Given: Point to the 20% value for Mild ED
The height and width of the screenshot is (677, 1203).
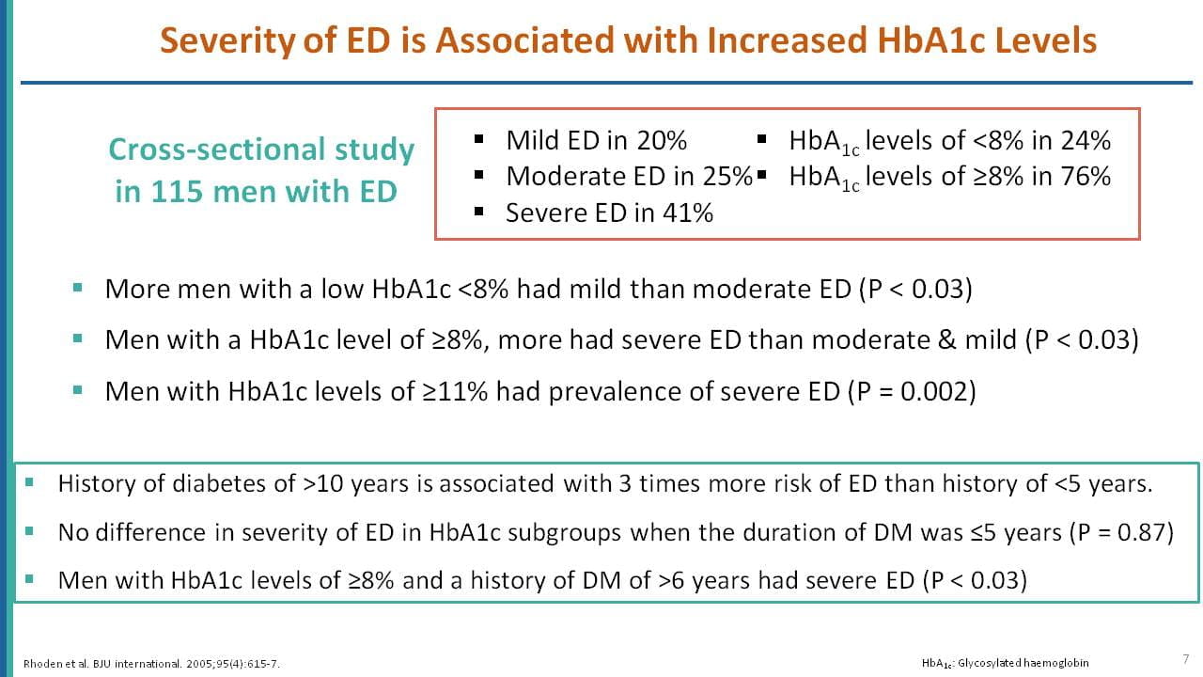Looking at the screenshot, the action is pos(662,141).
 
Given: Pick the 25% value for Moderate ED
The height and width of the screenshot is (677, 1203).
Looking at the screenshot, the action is pos(727,177).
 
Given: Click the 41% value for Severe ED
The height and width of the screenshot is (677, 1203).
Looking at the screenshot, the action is pos(688,213).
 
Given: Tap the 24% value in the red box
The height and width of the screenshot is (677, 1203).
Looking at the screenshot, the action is pos(1086,141).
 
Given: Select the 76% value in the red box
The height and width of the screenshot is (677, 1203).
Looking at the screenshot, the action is pos(1086,177).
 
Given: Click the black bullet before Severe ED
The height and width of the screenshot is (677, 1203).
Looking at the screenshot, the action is pos(479,212).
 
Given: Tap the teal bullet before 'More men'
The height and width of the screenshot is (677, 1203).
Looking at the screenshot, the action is pos(77,288).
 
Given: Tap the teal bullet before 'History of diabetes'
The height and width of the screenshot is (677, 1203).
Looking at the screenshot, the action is pos(29,482).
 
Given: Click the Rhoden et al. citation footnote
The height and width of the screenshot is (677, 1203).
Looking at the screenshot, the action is pos(151,664).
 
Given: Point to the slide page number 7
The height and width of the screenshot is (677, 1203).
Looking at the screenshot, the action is pos(1186,659).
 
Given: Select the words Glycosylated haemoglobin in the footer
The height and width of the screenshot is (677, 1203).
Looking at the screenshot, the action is pos(1023,663).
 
